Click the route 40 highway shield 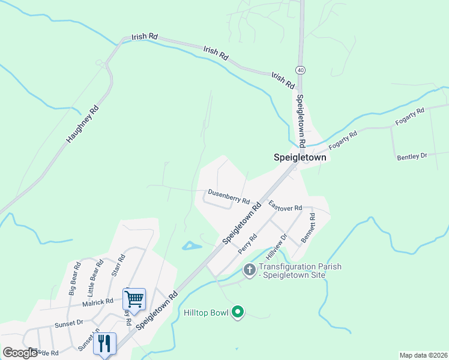pos(301,70)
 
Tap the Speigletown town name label pos(300,158)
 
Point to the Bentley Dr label pos(412,156)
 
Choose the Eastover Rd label pos(285,206)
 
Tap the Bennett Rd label pos(308,227)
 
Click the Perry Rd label pos(247,244)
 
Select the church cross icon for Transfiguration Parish pos(250,271)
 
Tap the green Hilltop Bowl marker pos(238,311)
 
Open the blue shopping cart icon pos(134,298)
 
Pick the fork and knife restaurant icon pos(105,343)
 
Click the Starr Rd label pos(118,265)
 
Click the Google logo pos(20,353)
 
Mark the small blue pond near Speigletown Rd pos(191,245)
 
